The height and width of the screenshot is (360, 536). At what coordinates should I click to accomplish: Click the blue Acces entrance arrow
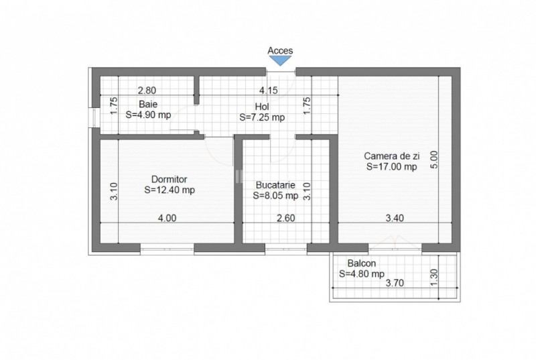[280, 60]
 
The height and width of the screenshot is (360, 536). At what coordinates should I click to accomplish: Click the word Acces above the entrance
[280, 50]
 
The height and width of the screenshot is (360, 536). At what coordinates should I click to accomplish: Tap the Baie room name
[148, 104]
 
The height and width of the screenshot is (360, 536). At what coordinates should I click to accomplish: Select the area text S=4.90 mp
[148, 115]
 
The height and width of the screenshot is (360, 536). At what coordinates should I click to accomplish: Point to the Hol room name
[262, 107]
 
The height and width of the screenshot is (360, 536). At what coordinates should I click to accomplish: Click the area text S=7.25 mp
[262, 117]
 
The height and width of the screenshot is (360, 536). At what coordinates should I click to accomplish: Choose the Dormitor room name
[170, 179]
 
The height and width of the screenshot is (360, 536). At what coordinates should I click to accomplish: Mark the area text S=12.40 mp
[170, 190]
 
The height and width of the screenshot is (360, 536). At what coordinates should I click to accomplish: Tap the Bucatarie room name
[275, 185]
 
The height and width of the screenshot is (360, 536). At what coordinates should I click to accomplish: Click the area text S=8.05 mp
[275, 196]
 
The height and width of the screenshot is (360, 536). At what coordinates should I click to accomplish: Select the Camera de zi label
[392, 156]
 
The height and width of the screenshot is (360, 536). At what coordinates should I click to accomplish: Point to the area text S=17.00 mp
[392, 167]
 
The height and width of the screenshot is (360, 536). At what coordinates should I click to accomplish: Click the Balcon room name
[362, 263]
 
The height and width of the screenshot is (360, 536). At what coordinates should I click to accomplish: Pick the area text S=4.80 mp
[362, 274]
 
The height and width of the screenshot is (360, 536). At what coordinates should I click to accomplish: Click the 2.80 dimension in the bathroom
[147, 91]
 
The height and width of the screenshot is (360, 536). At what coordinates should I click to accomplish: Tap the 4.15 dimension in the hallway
[269, 91]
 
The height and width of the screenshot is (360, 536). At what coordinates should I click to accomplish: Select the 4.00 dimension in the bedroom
[167, 218]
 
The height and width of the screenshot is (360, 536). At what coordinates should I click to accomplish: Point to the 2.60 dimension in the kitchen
[286, 218]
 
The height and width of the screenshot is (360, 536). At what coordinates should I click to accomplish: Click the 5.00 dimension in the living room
[433, 160]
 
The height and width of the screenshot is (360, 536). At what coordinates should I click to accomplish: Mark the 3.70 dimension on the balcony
[395, 283]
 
